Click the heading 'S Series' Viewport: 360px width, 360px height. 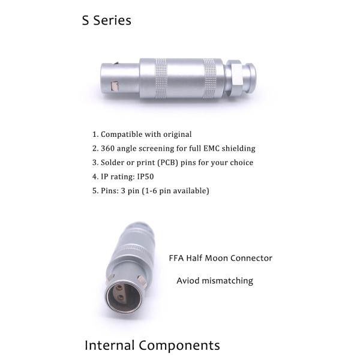pos(107,20)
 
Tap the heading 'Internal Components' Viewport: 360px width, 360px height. pos(152,346)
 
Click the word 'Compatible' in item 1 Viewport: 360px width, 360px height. pos(121,134)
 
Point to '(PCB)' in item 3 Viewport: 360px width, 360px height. pos(168,163)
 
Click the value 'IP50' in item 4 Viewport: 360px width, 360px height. pos(145,176)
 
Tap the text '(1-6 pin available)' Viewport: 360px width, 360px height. pos(175,191)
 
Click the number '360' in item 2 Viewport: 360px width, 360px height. pos(107,148)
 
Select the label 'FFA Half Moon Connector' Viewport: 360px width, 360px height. pos(220,258)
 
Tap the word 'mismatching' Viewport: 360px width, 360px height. pos(227,281)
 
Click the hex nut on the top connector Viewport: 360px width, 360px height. pos(235,78)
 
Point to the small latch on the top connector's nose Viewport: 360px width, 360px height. pos(115,86)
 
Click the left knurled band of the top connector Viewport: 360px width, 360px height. pos(161,79)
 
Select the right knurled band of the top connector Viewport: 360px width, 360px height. pos(209,79)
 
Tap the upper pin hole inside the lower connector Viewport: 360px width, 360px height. pos(119,287)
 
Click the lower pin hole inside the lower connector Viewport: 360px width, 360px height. pos(121,298)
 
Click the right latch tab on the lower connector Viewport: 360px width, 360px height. pos(142,281)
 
